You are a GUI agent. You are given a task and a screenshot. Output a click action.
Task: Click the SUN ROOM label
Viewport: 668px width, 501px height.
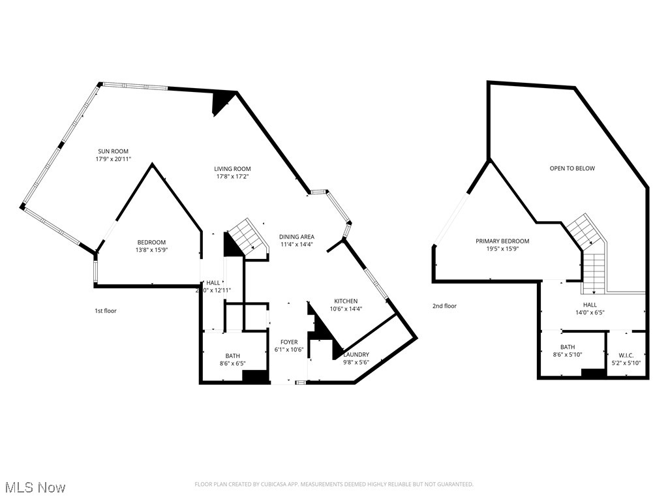point(109,151)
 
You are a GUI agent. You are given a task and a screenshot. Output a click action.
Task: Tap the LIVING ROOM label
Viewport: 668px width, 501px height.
point(232,169)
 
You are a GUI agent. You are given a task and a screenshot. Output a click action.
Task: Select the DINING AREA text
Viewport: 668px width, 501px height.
point(297,237)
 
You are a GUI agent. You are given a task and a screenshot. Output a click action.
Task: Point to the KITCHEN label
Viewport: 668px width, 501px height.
point(346,301)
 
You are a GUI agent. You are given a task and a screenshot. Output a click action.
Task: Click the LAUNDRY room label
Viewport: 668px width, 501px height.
point(356,355)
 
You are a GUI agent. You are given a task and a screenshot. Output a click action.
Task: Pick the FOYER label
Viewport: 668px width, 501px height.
point(289,342)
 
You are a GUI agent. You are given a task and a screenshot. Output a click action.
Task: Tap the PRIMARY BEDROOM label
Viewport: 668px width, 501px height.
point(502,241)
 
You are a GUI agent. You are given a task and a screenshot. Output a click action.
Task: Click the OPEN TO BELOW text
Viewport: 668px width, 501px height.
point(572,169)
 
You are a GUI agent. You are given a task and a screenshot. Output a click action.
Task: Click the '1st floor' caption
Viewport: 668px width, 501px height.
point(106,311)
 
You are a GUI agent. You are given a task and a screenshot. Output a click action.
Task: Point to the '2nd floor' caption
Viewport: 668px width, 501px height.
point(444,306)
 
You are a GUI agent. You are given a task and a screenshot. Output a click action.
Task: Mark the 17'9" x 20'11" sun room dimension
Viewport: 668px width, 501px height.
point(109,159)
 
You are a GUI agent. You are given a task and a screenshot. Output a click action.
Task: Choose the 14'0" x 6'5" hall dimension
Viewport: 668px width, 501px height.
point(590,312)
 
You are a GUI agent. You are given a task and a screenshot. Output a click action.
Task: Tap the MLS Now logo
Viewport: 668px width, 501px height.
point(35,487)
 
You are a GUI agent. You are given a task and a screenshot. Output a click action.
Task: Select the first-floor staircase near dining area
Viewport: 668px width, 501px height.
point(248,236)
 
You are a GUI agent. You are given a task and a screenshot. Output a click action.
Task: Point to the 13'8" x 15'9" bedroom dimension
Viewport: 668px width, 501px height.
point(151,250)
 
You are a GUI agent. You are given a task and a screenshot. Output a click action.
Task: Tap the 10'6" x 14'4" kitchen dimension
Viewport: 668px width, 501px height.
point(346,309)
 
